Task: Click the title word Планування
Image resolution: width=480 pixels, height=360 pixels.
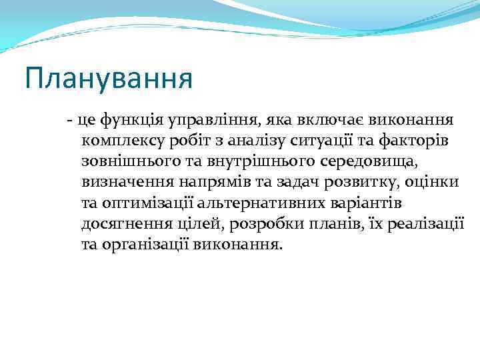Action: tap(109, 78)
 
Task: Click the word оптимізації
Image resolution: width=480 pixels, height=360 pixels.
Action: tap(151, 202)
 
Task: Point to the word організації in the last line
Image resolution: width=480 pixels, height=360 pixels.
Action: tap(146, 243)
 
